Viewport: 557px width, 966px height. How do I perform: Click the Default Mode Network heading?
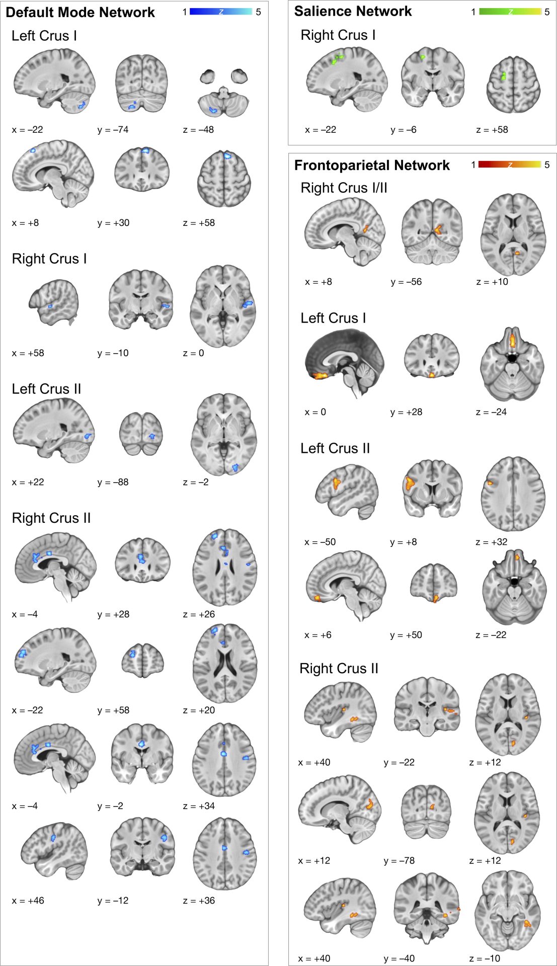(x=80, y=12)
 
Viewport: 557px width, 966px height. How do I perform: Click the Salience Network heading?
(x=353, y=11)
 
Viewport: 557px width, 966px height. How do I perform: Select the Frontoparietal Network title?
(x=372, y=165)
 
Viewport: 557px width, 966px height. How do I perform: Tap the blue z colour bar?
(x=221, y=12)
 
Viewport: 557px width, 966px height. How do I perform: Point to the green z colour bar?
(x=510, y=12)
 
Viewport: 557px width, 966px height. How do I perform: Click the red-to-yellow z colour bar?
(x=510, y=165)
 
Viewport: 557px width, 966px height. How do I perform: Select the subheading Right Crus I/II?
(x=344, y=188)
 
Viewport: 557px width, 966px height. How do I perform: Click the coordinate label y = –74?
(x=113, y=130)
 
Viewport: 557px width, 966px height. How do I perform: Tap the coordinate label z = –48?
(x=198, y=130)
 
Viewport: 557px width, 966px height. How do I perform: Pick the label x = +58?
(x=28, y=353)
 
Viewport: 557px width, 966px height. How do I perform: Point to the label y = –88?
(x=113, y=482)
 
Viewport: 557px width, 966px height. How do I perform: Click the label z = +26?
(x=199, y=614)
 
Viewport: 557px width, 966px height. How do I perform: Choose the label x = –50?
(x=320, y=542)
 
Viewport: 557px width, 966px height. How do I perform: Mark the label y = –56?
(x=406, y=282)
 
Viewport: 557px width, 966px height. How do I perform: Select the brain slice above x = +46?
(x=54, y=851)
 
